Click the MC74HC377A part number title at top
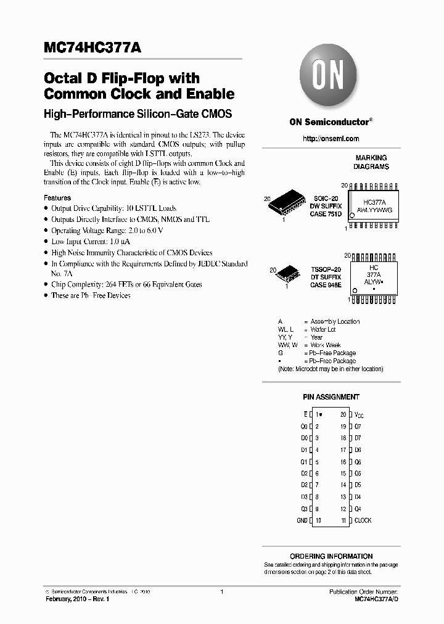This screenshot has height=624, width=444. [96, 48]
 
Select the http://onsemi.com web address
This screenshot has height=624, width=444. [331, 139]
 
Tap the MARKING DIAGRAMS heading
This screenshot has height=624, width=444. [371, 162]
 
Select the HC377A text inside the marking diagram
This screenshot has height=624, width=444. [374, 202]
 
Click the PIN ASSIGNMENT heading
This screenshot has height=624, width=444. [331, 397]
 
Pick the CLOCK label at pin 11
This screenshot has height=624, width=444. [363, 520]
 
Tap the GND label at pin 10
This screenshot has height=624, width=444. [302, 520]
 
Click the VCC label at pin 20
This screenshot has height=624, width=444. [359, 415]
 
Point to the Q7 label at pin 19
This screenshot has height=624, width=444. [358, 427]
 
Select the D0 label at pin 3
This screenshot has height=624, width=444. [304, 438]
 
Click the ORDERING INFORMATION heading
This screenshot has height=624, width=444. [331, 556]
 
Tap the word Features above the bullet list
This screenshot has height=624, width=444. [57, 198]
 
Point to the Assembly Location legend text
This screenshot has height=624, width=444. [335, 322]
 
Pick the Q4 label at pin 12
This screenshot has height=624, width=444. [358, 509]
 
